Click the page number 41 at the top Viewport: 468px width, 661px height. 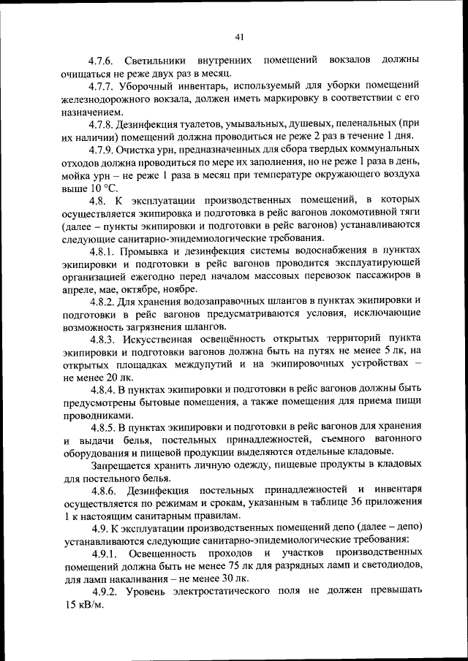tap(239, 37)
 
